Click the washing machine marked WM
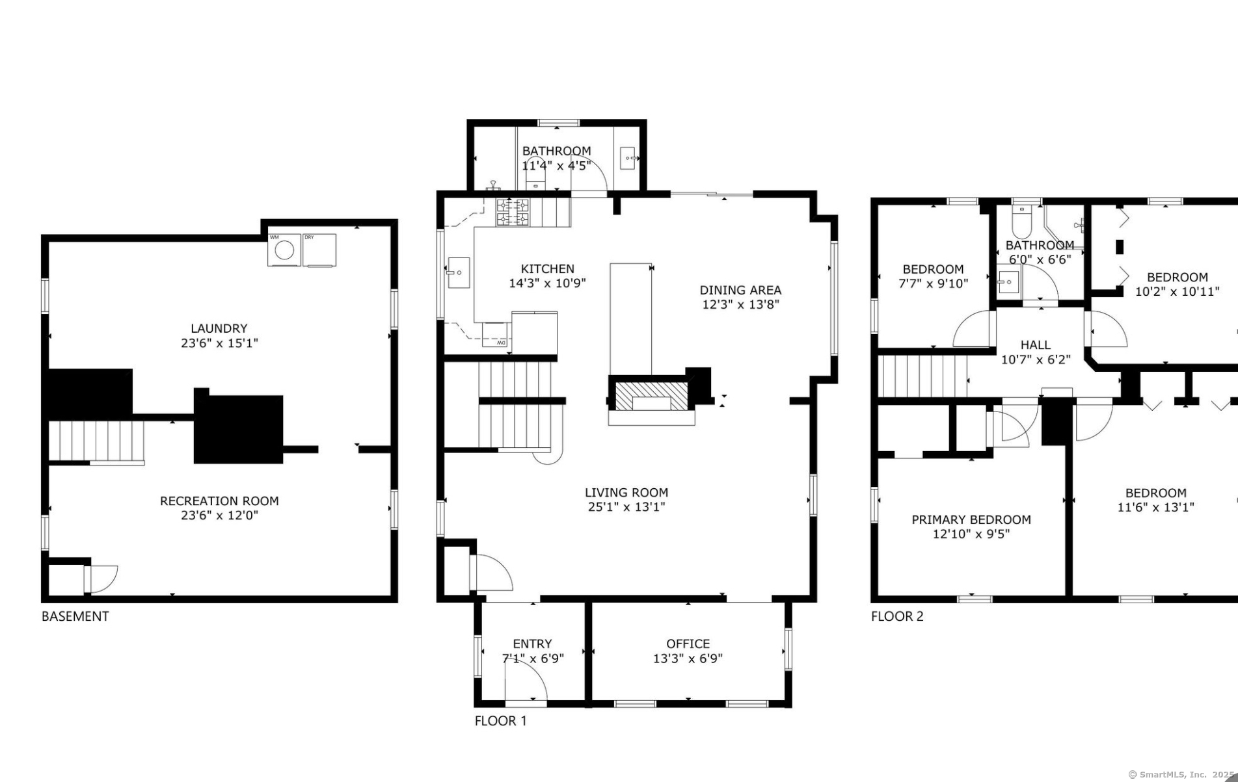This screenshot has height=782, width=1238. click(284, 250)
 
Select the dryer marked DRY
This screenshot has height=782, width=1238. click(319, 250)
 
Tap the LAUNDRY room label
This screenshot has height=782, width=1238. click(219, 328)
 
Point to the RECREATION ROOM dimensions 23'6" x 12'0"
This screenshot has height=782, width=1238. click(219, 515)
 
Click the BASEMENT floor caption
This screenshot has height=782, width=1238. click(75, 616)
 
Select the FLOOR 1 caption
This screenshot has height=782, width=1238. click(501, 721)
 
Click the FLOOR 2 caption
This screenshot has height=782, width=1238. click(897, 616)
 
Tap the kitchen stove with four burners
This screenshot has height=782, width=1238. click(513, 213)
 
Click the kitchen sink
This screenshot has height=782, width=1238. click(459, 272)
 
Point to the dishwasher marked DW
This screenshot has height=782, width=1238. click(496, 335)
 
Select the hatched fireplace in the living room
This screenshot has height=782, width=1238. click(651, 395)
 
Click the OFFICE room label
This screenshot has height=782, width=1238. click(688, 644)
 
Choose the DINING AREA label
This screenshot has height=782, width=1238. click(740, 290)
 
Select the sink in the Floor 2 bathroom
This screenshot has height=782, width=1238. click(1008, 281)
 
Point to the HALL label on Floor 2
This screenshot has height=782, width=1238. click(1035, 345)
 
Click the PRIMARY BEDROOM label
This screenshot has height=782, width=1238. click(971, 519)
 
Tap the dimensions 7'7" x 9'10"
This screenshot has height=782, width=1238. click(933, 283)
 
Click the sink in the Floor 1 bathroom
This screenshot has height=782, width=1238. click(628, 158)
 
